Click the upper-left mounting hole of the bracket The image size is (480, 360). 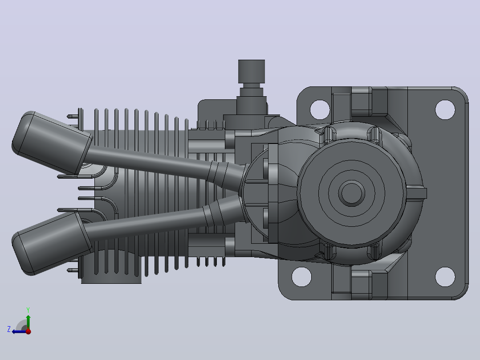tap(320, 109)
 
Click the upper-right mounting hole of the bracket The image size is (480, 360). tap(445, 109)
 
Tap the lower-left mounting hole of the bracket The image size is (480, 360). tap(301, 277)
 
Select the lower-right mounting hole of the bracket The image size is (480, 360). tap(445, 277)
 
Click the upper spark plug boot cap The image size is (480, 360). tap(52, 143)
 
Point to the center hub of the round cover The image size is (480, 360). tap(351, 193)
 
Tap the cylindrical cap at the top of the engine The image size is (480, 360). tap(251, 71)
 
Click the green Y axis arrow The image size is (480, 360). tap(28, 322)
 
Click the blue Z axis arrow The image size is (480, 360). tap(20, 331)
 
